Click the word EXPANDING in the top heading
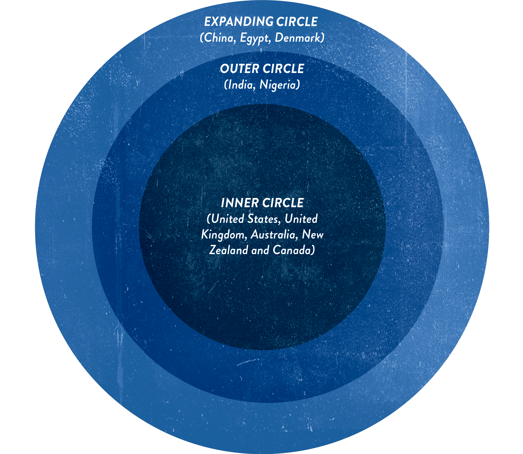tap(239, 22)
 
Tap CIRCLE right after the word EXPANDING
tap(297, 22)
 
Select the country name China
tap(219, 38)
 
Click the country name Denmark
tap(298, 38)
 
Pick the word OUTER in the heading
tap(240, 69)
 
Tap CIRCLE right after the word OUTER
tap(283, 69)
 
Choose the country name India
tap(241, 85)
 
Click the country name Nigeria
tap(278, 85)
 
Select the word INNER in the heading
tap(240, 203)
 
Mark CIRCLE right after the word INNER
tap(283, 203)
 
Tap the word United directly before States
tap(227, 219)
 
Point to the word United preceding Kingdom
tap(301, 219)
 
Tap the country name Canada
tap(292, 250)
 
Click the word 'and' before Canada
tap(260, 250)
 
